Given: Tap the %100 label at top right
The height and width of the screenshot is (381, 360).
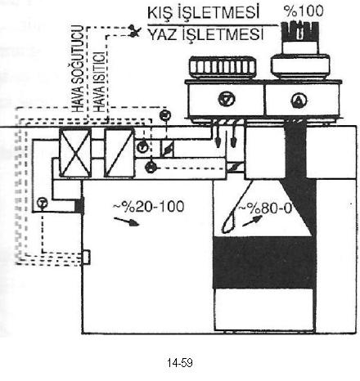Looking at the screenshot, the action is point(304,11).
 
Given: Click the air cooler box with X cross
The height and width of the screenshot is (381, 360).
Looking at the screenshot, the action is point(75,153).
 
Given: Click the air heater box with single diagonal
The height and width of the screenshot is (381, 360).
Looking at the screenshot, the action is point(119,153).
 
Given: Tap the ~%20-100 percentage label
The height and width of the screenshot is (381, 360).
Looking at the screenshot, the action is point(149,207).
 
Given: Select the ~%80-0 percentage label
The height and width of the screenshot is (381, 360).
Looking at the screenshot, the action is point(265,208).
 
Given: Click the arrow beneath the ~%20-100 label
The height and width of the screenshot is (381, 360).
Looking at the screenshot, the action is point(127,222).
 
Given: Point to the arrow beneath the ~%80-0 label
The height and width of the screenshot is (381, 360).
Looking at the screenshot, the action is point(252,221).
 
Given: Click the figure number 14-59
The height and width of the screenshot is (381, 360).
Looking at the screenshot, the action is point(180,363).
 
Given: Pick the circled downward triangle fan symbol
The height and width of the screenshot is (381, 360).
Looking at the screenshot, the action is point(227,99).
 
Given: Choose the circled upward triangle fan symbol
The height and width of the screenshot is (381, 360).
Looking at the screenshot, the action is point(299,101).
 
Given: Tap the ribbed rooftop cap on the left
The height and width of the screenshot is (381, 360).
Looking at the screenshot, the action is point(223,67).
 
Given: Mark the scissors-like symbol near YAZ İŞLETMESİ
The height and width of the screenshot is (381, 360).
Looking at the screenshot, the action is point(134,31).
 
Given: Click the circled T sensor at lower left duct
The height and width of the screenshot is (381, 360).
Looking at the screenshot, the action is point(42,203).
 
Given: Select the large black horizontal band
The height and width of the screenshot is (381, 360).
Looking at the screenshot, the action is point(264,262).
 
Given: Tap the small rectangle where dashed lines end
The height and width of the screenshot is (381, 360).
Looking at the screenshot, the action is point(86,257).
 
